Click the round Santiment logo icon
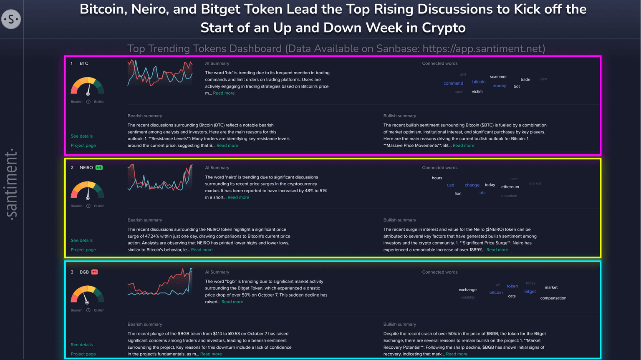pos(11,19)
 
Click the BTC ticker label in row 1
pos(84,63)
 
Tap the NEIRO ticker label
pos(86,168)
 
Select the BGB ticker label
pos(84,272)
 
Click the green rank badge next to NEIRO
pos(99,168)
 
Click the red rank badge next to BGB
pos(95,272)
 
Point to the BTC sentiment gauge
pos(88,86)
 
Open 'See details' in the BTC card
pos(82,136)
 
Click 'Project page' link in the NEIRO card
pos(83,250)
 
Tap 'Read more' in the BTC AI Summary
pos(224,93)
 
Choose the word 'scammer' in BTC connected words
pos(498,77)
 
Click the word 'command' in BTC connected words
pos(453,83)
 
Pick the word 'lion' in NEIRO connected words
pos(458,194)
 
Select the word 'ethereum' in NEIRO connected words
pos(510,187)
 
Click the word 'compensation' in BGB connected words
pos(553,298)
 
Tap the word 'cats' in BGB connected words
pos(512,296)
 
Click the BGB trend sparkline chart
pos(160,282)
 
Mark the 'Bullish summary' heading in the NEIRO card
pos(399,220)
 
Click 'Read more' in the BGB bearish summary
pos(211,354)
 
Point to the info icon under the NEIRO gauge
pos(88,206)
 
